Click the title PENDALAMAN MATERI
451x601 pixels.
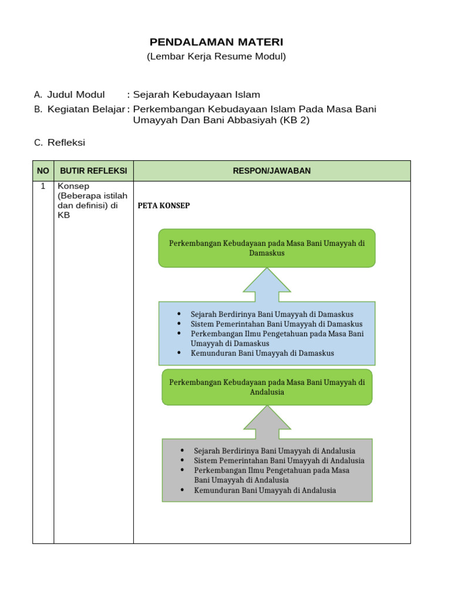[216, 42]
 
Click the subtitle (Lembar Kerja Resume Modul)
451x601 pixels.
[216, 57]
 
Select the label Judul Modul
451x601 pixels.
[76, 94]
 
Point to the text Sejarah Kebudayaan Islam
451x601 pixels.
[197, 94]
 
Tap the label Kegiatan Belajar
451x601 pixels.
[86, 109]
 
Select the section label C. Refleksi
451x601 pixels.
[60, 143]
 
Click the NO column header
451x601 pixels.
[43, 171]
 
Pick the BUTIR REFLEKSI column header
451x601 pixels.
[93, 171]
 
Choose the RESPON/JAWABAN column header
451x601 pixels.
[272, 171]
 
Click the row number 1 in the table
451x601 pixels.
[43, 186]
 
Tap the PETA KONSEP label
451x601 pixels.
[164, 206]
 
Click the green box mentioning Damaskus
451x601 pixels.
[267, 248]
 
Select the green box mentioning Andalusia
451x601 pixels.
[267, 387]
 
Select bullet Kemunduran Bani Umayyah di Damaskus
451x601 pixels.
[262, 353]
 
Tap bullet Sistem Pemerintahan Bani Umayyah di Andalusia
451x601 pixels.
[279, 461]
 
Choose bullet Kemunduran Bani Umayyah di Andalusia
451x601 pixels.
[265, 490]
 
